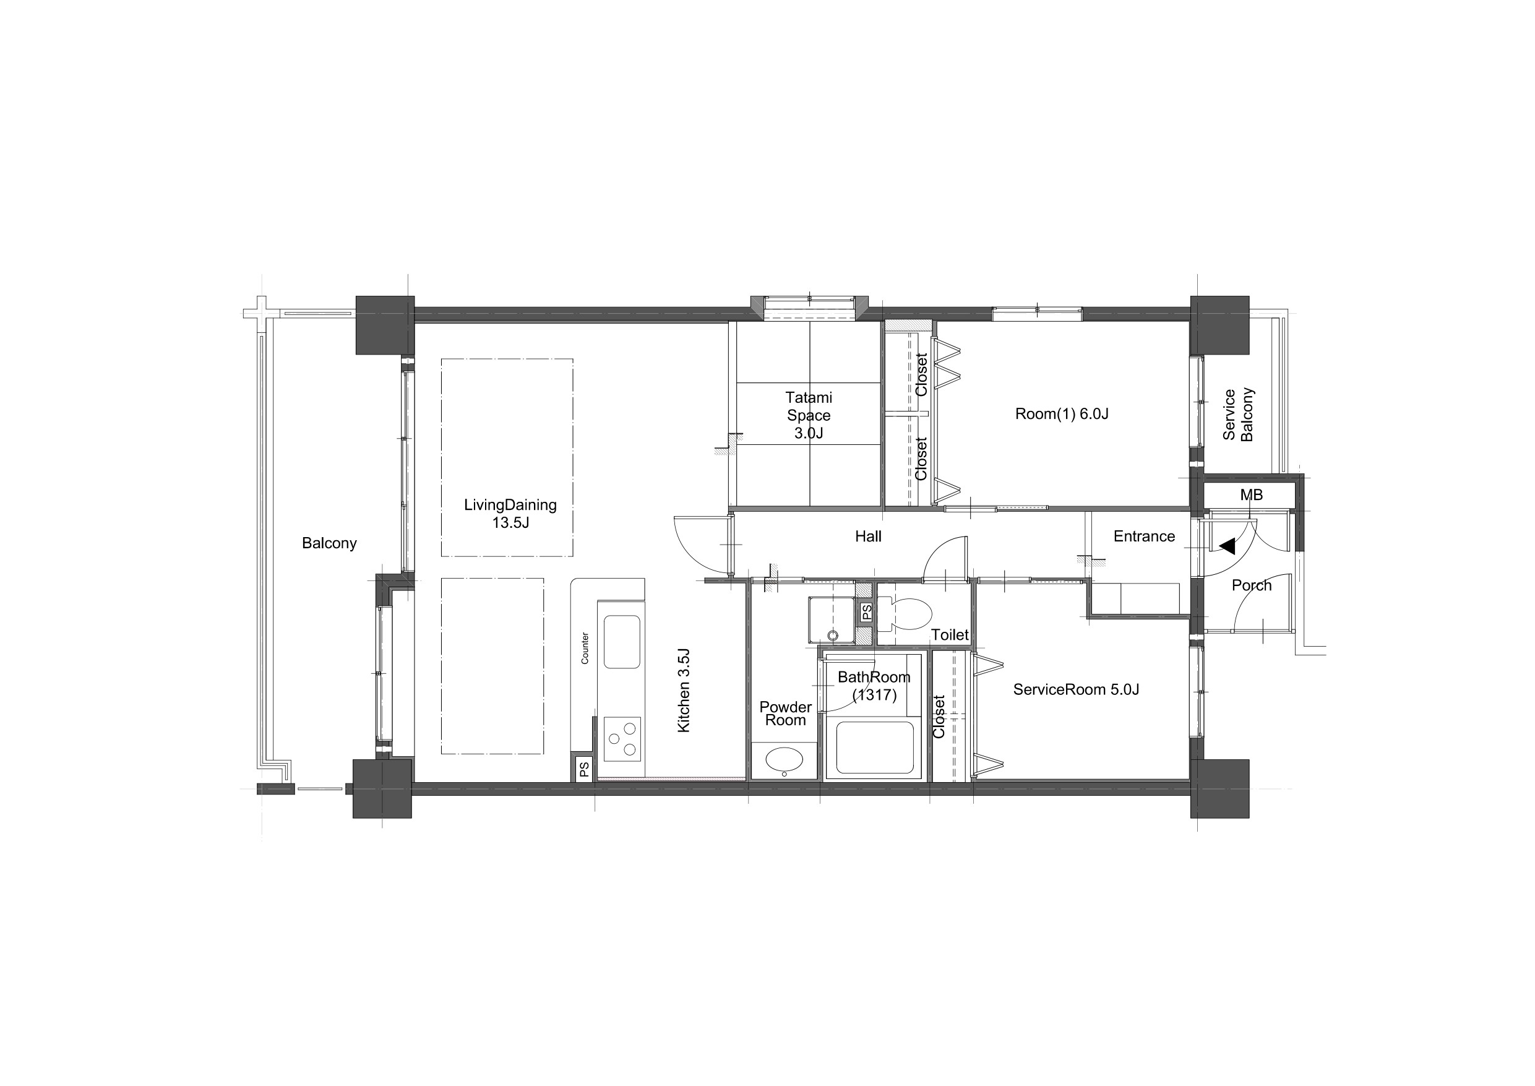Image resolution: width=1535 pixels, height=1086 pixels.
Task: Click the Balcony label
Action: (x=329, y=543)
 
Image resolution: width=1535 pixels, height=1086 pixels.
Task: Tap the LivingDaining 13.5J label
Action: (x=510, y=514)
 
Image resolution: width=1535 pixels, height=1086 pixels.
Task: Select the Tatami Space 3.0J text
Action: (x=808, y=415)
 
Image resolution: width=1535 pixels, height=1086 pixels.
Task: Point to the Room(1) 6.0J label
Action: (x=1062, y=414)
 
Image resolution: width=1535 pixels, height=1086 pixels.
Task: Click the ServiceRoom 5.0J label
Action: (x=1076, y=689)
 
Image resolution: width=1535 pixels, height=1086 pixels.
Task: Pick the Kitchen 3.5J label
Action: (x=683, y=689)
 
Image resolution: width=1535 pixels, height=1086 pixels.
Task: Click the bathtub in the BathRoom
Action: (x=874, y=748)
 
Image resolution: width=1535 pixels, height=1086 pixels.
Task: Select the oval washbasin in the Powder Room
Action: (x=785, y=760)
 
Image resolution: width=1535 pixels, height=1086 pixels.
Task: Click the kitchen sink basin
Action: (x=622, y=642)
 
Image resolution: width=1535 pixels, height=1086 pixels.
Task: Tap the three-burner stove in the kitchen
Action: (x=622, y=739)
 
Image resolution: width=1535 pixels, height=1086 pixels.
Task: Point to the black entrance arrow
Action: (x=1228, y=546)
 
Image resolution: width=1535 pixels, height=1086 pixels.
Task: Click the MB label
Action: (x=1251, y=495)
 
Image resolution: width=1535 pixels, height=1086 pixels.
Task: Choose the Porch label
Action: (x=1252, y=585)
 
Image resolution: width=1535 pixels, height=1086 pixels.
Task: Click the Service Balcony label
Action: (x=1237, y=415)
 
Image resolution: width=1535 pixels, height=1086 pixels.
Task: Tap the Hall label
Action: (x=868, y=537)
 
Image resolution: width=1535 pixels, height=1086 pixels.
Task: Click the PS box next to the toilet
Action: (x=866, y=612)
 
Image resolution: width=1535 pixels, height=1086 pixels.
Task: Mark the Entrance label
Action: (x=1144, y=537)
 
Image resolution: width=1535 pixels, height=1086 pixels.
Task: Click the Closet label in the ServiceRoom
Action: (x=939, y=717)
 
